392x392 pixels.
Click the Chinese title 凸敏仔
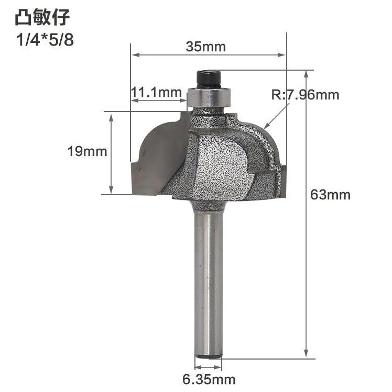pyautogui.click(x=41, y=18)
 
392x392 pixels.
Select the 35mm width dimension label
pyautogui.click(x=205, y=47)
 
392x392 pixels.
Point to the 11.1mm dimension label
pyautogui.click(x=155, y=93)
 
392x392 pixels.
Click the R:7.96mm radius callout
pyautogui.click(x=305, y=95)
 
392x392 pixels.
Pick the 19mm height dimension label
pyautogui.click(x=87, y=152)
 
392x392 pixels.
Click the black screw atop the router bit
pyautogui.click(x=208, y=79)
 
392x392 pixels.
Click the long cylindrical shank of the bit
pyautogui.click(x=209, y=283)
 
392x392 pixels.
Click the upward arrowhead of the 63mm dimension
pyautogui.click(x=306, y=73)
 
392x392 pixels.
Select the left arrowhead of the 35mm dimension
pyautogui.click(x=134, y=53)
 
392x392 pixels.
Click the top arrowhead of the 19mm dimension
pyautogui.click(x=111, y=115)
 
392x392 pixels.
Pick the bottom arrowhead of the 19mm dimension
pyautogui.click(x=111, y=191)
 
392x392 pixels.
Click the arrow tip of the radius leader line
pyautogui.click(x=265, y=127)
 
